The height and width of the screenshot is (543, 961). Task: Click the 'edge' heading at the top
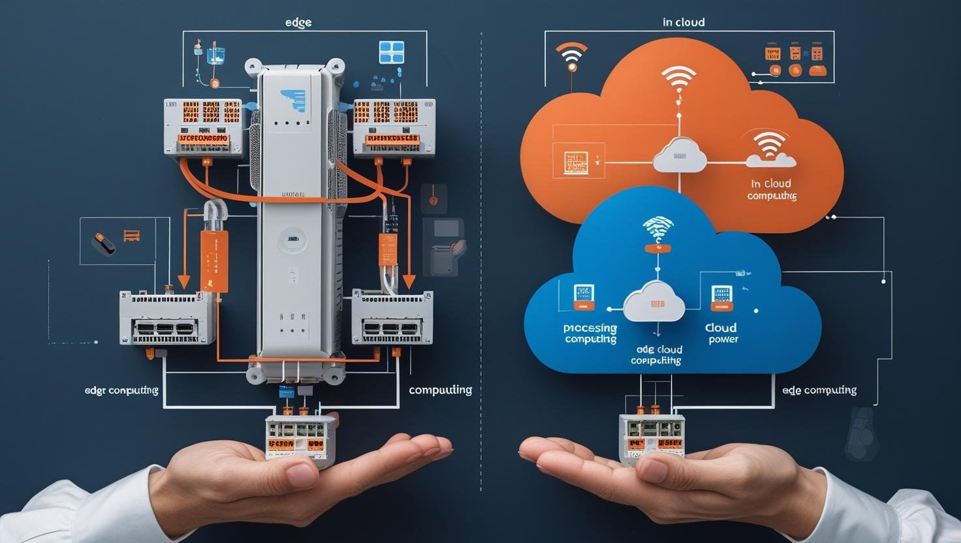coord(298,22)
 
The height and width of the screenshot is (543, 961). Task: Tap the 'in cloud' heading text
coord(684,22)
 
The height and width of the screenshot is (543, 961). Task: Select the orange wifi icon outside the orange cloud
coord(571,57)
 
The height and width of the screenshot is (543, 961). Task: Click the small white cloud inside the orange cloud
coord(680,156)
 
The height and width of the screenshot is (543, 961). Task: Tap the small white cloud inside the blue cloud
coord(654,302)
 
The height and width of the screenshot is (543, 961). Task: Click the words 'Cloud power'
coord(721,333)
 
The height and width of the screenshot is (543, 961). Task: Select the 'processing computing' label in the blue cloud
coord(590,333)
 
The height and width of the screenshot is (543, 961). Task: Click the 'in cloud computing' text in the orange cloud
coord(771,190)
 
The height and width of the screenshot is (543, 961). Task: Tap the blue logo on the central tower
coord(292,100)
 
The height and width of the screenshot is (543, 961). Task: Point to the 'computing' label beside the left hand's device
coord(440,390)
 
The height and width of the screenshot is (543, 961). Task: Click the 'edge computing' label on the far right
coord(819,390)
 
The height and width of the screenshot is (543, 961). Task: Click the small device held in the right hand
coord(652,439)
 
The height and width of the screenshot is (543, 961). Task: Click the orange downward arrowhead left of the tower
coord(184,281)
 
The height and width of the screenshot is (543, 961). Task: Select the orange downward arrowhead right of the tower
coord(409,281)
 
